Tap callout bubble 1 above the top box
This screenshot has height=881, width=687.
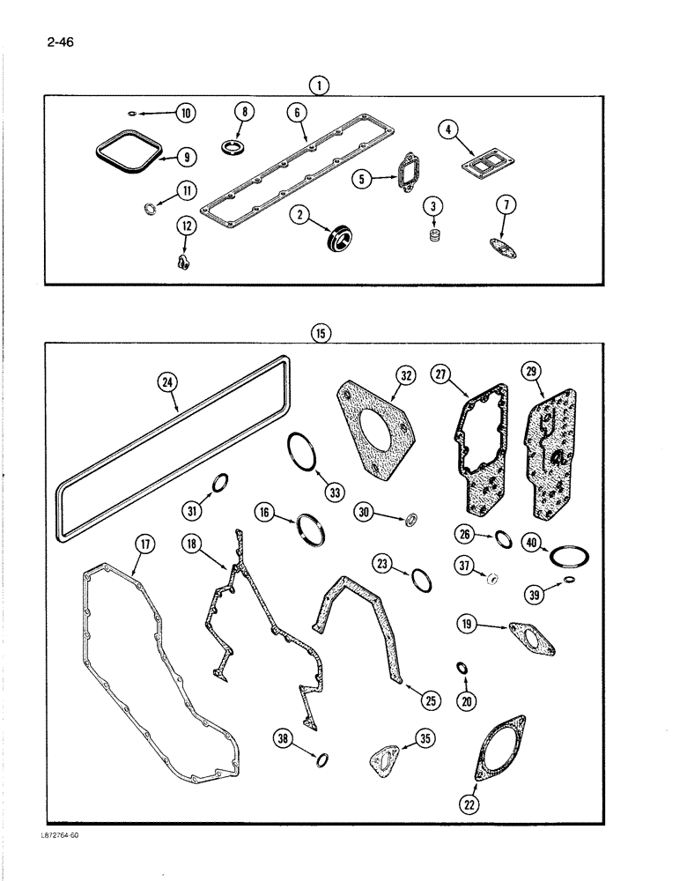(x=320, y=85)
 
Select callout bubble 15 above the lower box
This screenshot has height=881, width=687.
(x=320, y=332)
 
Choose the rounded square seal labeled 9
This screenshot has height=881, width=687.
(x=128, y=147)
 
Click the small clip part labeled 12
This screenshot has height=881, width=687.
(x=181, y=261)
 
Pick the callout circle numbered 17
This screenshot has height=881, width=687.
(x=144, y=545)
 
